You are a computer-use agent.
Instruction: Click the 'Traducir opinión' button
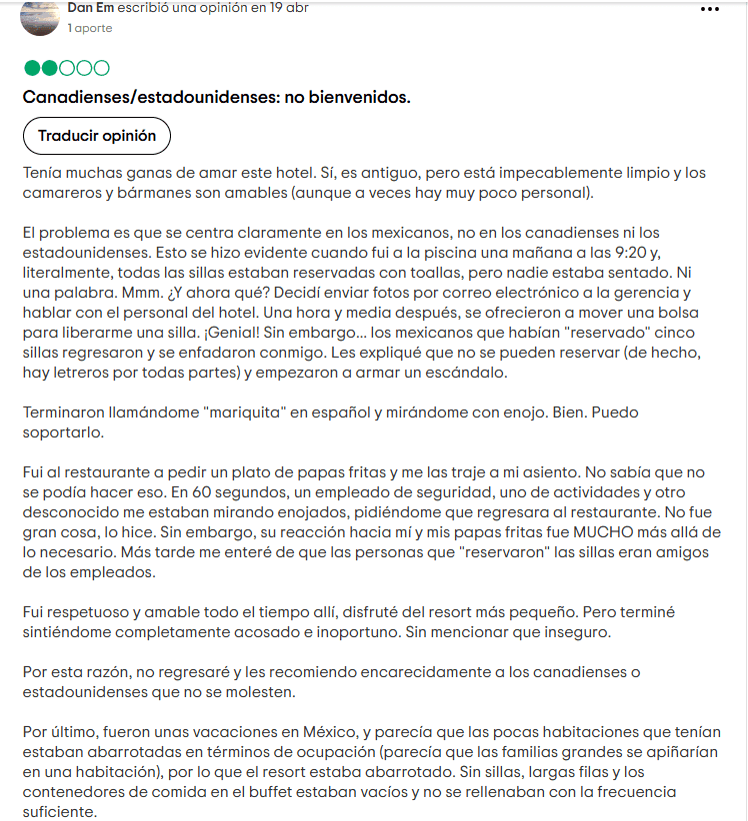point(97,136)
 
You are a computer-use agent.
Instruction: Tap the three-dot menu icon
point(710,9)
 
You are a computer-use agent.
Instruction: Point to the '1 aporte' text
point(90,28)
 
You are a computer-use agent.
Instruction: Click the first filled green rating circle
point(31,69)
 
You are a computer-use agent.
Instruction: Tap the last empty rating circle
point(101,69)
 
